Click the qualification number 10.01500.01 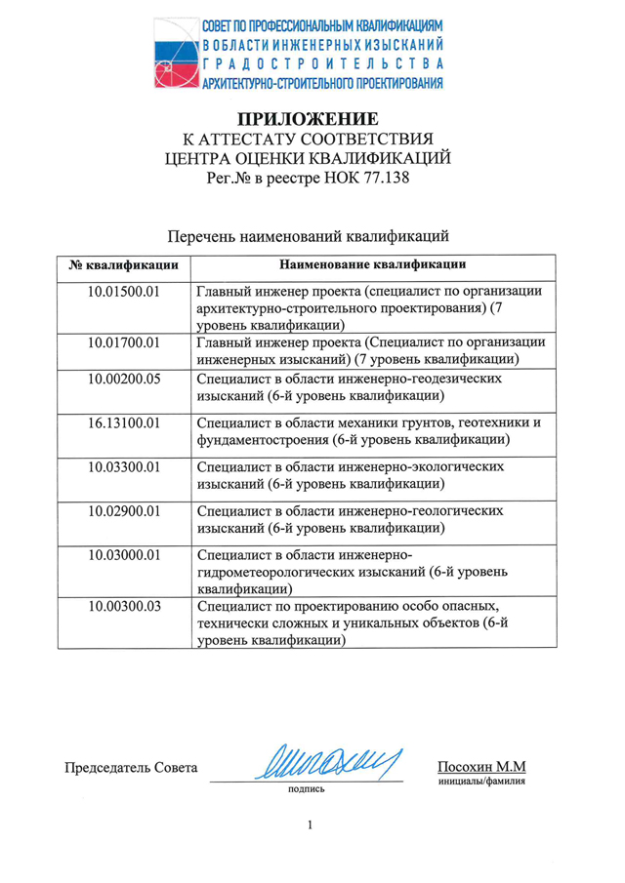[123, 291]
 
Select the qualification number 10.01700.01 [123, 341]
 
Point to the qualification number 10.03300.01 [123, 466]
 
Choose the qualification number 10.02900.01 [123, 510]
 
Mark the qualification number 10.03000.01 [123, 554]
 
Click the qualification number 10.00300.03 [123, 606]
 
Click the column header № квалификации [123, 264]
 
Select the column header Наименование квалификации [372, 264]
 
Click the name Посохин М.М [481, 767]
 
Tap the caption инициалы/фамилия [481, 783]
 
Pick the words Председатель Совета [131, 767]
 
